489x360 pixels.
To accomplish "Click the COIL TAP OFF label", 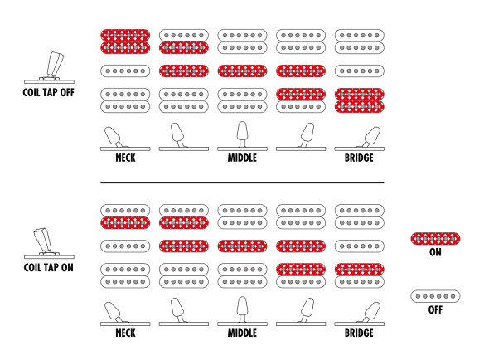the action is pyautogui.click(x=49, y=92).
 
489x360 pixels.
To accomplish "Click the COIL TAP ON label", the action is pyautogui.click(x=49, y=268).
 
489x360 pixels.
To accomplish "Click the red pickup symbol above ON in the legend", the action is pyautogui.click(x=435, y=239).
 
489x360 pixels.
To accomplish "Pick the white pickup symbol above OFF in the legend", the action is pyautogui.click(x=435, y=296).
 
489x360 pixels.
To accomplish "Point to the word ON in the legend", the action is pyautogui.click(x=435, y=252).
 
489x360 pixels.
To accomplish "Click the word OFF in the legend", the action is pyautogui.click(x=435, y=309).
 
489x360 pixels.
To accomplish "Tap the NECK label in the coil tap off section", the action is pyautogui.click(x=125, y=158).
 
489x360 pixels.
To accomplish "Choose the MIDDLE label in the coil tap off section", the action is pyautogui.click(x=242, y=158).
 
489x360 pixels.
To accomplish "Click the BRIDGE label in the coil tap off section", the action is pyautogui.click(x=359, y=158).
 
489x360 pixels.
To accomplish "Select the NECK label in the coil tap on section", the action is pyautogui.click(x=125, y=333).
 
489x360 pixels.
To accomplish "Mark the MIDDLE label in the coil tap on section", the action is pyautogui.click(x=242, y=333).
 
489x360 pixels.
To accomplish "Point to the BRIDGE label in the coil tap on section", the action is pyautogui.click(x=359, y=333).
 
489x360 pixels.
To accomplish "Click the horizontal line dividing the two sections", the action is pyautogui.click(x=242, y=182).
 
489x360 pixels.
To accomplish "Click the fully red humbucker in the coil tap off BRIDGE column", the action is pyautogui.click(x=359, y=100).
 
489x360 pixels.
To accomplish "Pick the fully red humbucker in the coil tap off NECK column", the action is pyautogui.click(x=125, y=41).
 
